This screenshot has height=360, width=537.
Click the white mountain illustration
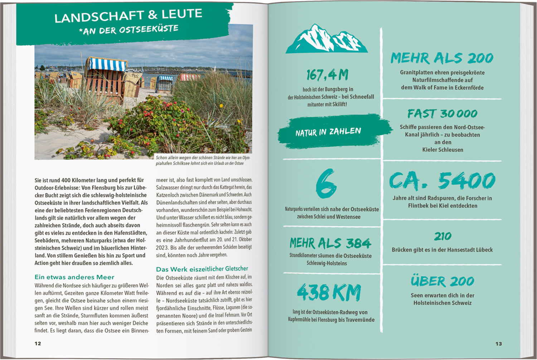point(326,39)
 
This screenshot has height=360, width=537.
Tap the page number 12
point(38,344)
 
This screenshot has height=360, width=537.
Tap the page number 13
point(499,344)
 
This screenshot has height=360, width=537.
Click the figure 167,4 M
point(327,75)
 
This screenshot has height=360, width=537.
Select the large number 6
point(326,184)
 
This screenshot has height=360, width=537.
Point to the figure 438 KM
point(329,292)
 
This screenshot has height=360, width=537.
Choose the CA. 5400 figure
point(442,181)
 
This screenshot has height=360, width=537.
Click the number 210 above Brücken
point(442,237)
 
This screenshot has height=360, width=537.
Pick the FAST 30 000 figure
point(442,114)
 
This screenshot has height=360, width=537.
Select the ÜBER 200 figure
point(442,281)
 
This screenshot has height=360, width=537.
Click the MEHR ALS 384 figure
point(330,243)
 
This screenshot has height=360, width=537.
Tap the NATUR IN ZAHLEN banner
point(328,132)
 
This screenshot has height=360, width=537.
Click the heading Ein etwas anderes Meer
point(74,277)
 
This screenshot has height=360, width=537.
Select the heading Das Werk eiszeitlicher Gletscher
point(202,269)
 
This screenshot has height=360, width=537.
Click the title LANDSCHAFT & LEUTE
point(128,16)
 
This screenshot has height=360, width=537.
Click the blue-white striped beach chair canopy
point(107,64)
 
